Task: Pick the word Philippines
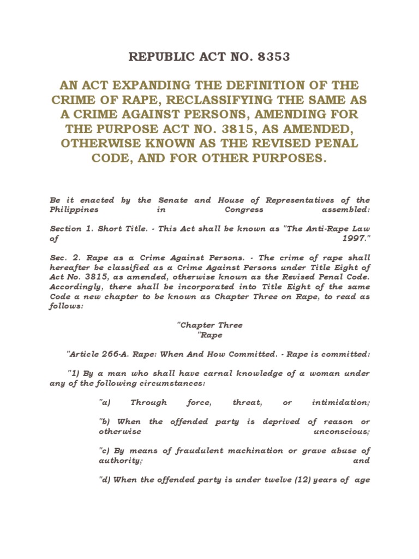pyautogui.click(x=74, y=210)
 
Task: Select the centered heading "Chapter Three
pyautogui.click(x=210, y=325)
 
